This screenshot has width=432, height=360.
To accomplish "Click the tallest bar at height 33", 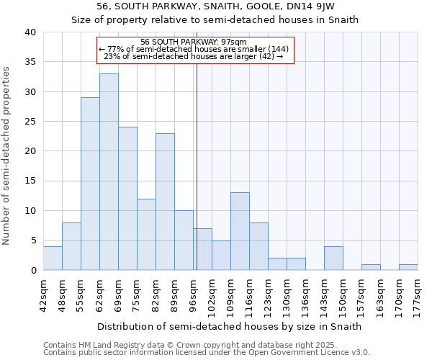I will (109, 172).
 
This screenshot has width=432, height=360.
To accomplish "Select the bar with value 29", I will (90, 184).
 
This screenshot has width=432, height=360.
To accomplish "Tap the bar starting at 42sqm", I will (53, 258).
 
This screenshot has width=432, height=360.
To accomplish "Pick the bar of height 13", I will (240, 231).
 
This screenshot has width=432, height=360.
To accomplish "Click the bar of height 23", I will (165, 202).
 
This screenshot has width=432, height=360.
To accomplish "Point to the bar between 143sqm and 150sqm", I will (333, 258).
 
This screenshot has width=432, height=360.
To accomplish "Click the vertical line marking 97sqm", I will (197, 166).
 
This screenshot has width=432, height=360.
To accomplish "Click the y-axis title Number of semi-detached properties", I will (7, 156).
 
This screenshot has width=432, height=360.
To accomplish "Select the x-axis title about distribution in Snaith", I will (229, 326).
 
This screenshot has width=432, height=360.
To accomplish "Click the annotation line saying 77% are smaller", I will (194, 49).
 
